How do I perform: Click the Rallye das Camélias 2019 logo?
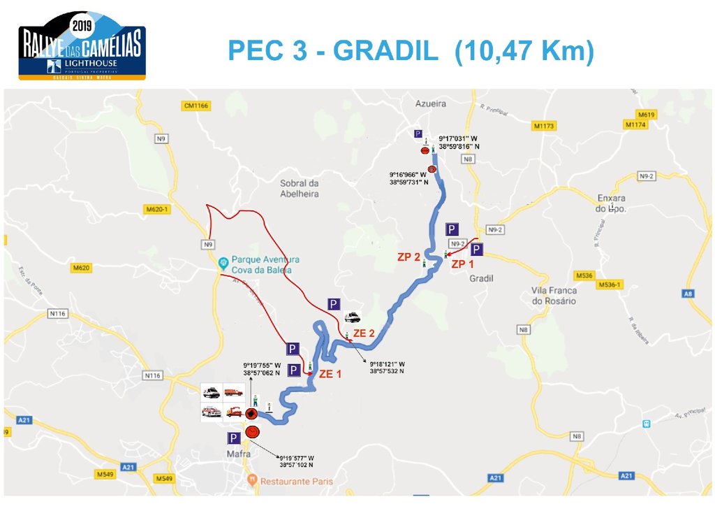click(x=82, y=44)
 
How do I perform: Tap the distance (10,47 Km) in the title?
click(x=524, y=51)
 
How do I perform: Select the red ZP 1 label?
click(x=462, y=264)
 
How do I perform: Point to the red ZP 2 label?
click(x=408, y=257)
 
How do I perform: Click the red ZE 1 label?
click(x=330, y=374)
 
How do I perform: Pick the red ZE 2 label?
click(x=364, y=334)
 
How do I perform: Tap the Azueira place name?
click(x=430, y=103)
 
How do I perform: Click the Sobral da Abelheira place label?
click(x=300, y=188)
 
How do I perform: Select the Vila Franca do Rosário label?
click(x=554, y=296)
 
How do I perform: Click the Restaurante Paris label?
click(x=296, y=481)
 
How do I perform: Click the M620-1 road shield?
click(x=159, y=209)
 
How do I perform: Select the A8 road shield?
click(x=689, y=294)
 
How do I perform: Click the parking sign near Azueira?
click(x=418, y=134)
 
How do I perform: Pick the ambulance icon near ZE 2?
click(x=353, y=317)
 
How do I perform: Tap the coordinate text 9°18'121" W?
click(x=387, y=364)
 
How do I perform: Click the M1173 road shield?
click(x=543, y=126)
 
